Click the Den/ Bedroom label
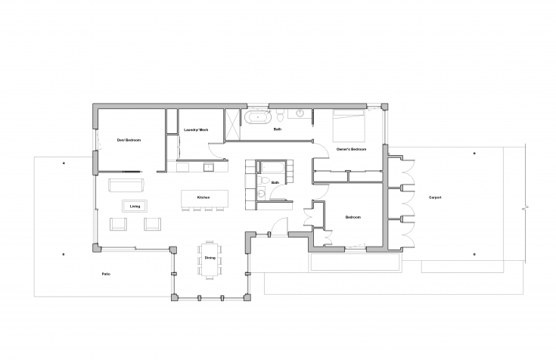129,140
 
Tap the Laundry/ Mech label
196,130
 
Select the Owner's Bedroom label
351,149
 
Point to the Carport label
435,197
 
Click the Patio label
106,275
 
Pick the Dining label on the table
210,258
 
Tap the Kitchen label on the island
203,197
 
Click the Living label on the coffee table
135,206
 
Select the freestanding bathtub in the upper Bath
256,117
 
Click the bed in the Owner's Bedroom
349,126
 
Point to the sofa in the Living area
126,185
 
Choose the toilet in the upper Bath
280,115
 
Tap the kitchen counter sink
208,166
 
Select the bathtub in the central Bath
272,168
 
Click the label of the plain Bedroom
353,217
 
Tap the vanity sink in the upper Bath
300,113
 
